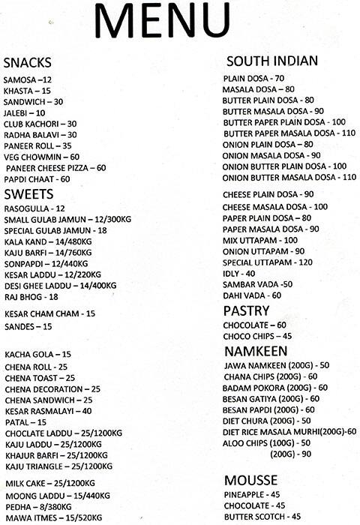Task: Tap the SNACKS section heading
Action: pos(28,62)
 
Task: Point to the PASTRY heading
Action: pos(246,310)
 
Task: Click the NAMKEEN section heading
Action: pos(254,350)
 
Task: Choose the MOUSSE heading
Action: pos(250,480)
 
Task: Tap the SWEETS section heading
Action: pos(27,193)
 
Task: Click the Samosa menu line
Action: pos(28,79)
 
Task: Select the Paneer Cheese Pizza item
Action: pos(56,168)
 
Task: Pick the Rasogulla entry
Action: pos(34,208)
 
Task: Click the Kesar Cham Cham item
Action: pos(49,313)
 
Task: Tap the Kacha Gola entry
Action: pos(37,354)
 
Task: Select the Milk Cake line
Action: pos(49,482)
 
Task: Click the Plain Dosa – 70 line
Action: pos(253,78)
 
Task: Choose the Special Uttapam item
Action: pos(266,262)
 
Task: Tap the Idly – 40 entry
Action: pos(239,274)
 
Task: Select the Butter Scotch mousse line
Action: pos(262,517)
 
